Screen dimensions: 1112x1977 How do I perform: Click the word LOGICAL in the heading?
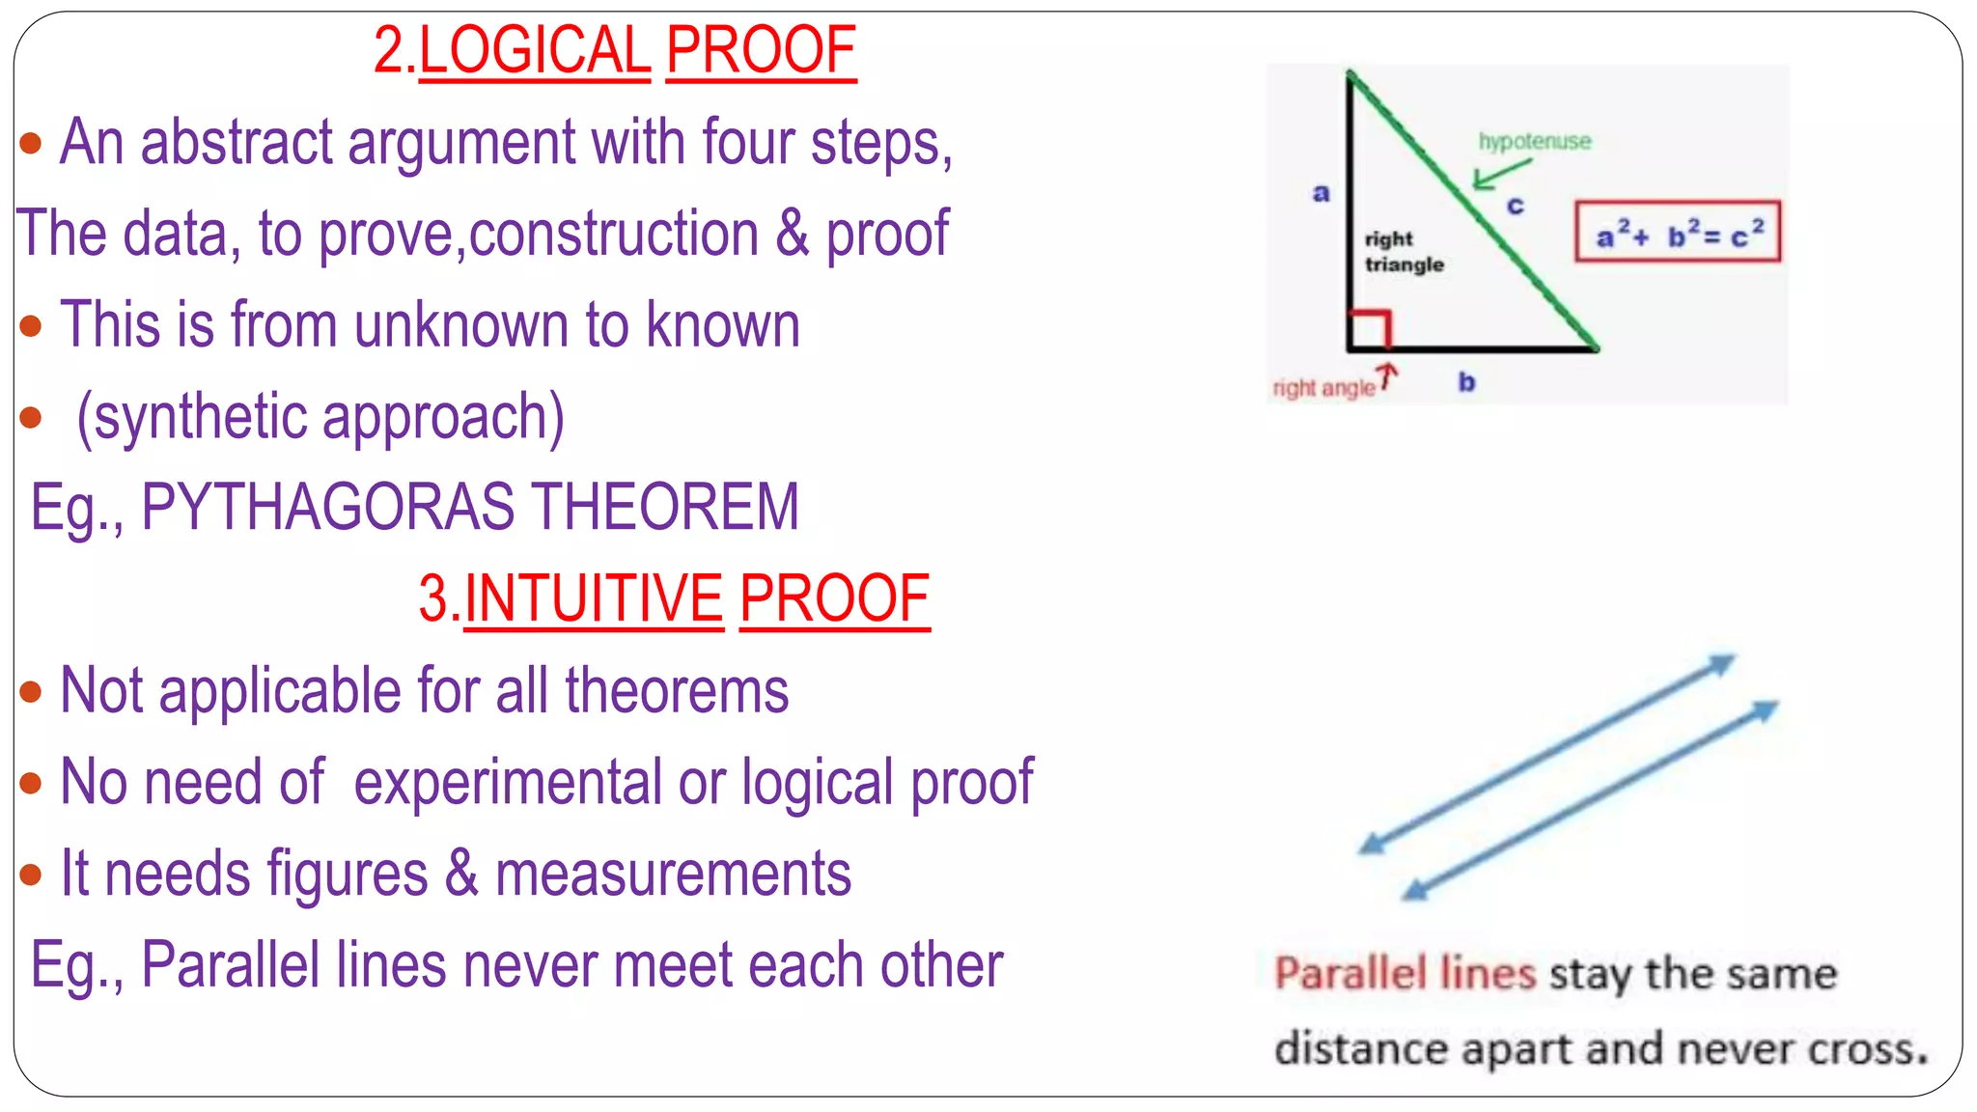535,51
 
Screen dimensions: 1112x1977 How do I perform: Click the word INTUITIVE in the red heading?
594,599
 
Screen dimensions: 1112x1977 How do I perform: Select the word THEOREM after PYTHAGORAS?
665,508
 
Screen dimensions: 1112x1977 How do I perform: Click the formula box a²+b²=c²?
1677,233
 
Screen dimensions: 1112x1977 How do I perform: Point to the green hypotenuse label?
1534,142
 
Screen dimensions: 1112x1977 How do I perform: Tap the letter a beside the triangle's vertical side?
1321,193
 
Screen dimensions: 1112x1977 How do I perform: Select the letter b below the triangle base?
1466,382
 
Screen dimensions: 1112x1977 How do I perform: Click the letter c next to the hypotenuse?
1516,206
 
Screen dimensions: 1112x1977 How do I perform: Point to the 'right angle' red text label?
1323,388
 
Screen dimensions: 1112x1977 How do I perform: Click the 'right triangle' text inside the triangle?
1403,252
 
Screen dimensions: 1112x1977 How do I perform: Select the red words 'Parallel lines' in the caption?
1404,973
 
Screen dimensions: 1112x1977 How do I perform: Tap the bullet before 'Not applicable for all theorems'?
31,691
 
